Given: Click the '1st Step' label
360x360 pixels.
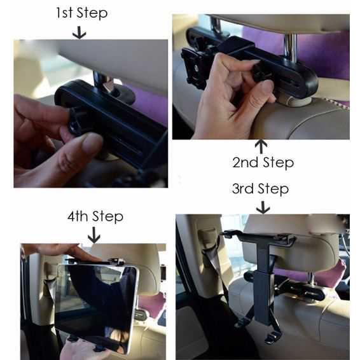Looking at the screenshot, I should click(81, 13).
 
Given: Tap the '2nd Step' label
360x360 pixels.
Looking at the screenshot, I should click(263, 163).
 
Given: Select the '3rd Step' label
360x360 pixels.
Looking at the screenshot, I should click(260, 189).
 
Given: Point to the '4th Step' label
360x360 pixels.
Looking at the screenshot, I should click(95, 216).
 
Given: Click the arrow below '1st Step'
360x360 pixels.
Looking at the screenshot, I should click(80, 32).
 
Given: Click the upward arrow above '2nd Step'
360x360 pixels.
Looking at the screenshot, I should click(261, 146).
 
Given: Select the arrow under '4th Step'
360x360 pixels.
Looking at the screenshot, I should click(94, 235).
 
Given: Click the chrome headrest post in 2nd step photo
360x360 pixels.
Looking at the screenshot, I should click(290, 48).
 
